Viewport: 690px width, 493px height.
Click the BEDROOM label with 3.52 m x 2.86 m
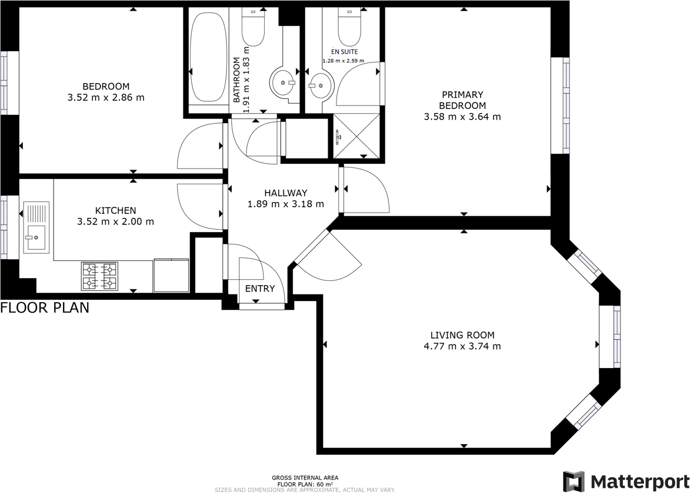click(x=106, y=92)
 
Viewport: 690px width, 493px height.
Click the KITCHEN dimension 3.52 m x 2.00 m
click(x=115, y=222)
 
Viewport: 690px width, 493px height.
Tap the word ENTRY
click(x=259, y=288)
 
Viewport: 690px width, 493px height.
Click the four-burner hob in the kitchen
click(x=99, y=276)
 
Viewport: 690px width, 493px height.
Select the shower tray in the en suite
click(x=356, y=136)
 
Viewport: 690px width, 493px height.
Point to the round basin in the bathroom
click(x=284, y=83)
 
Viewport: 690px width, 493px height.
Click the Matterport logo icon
click(x=574, y=481)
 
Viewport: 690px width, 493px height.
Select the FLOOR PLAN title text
click(x=45, y=307)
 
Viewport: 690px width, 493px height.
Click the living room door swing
click(x=329, y=256)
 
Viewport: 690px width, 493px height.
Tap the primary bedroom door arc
click(x=365, y=190)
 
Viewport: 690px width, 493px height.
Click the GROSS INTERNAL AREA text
click(x=305, y=478)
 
